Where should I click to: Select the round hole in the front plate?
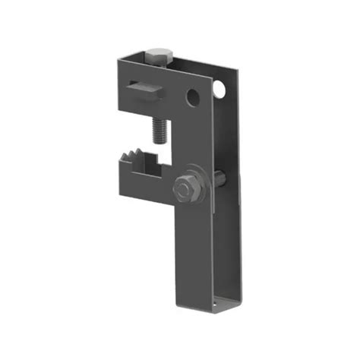coord(194,98)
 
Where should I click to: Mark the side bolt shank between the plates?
coord(218,180)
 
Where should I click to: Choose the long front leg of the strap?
coord(196,251)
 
